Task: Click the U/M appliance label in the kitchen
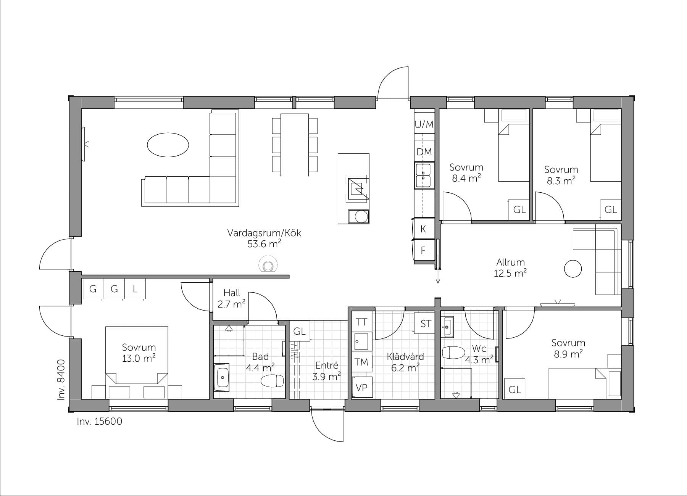(424, 124)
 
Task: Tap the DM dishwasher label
(424, 152)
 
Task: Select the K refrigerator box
(423, 229)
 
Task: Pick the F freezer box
(423, 250)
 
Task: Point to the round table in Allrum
(572, 269)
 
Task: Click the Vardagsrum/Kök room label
(264, 233)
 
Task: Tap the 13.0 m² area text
(139, 358)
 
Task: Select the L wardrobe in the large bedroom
(135, 289)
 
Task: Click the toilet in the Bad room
(272, 381)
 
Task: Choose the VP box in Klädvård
(361, 388)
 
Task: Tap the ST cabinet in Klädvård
(425, 324)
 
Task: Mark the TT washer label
(361, 322)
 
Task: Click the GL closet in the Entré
(300, 332)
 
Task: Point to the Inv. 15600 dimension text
(100, 422)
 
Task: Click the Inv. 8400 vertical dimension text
(61, 380)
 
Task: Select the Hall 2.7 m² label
(232, 298)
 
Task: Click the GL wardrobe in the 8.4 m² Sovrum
(519, 209)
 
